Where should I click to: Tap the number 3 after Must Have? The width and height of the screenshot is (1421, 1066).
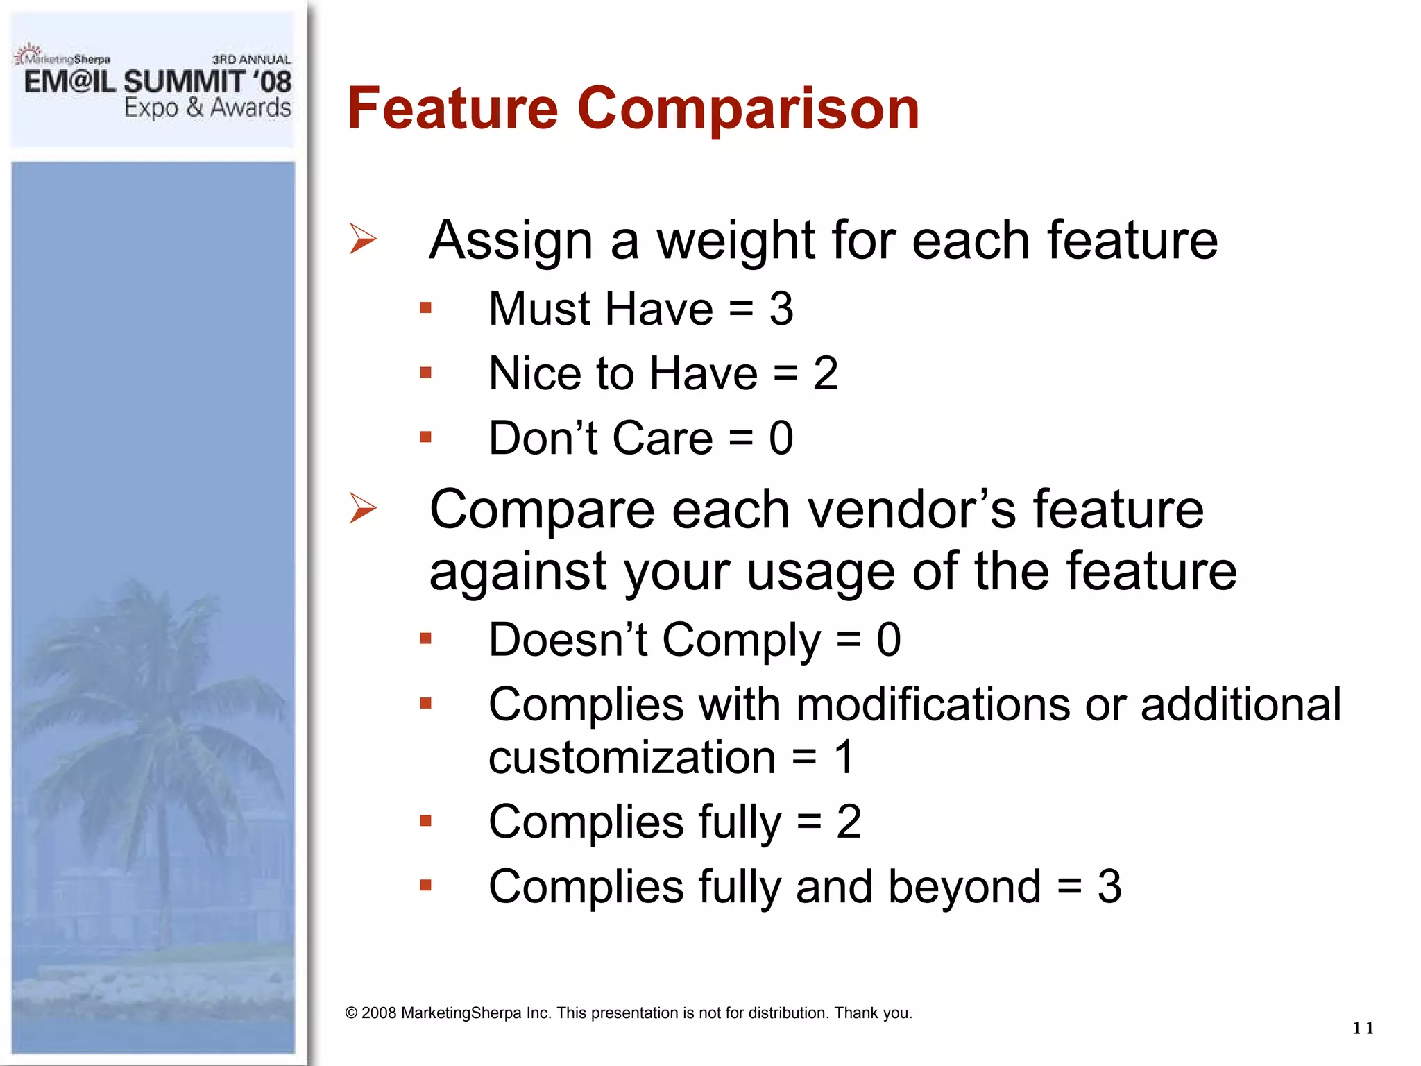781,309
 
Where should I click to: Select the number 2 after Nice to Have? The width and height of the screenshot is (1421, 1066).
825,373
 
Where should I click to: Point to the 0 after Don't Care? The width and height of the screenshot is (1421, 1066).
781,439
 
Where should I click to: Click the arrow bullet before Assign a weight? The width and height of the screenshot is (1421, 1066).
362,239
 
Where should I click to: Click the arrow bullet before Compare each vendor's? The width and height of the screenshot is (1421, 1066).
362,508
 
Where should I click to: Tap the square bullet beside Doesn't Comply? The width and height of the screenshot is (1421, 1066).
425,638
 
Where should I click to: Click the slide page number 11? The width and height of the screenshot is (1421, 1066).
1363,1028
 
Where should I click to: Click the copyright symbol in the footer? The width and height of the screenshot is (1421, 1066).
351,1013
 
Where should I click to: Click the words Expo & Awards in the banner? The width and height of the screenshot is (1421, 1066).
207,108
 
